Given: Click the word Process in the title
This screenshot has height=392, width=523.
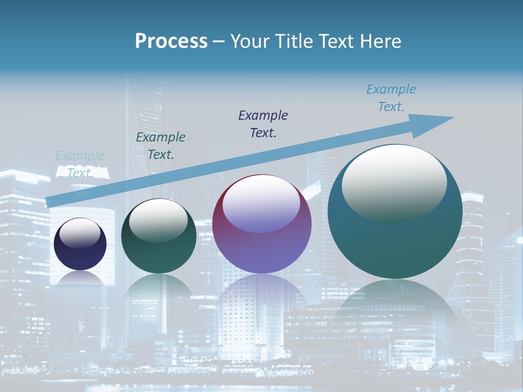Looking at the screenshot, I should pyautogui.click(x=171, y=41).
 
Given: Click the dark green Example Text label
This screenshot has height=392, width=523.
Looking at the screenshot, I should pyautogui.click(x=161, y=146).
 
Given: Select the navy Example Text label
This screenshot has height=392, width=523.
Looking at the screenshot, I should pyautogui.click(x=263, y=124).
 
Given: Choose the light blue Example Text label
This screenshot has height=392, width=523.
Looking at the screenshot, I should pyautogui.click(x=391, y=98).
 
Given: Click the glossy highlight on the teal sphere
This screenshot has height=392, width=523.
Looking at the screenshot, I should pyautogui.click(x=394, y=182).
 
